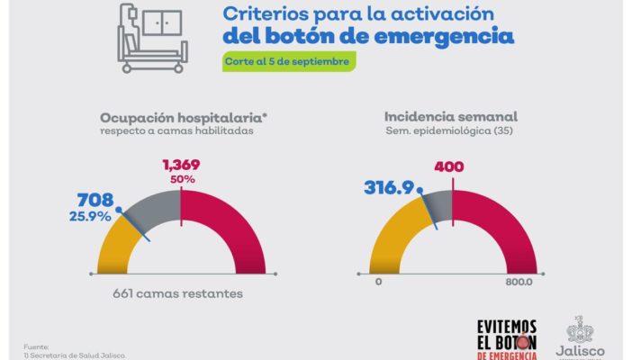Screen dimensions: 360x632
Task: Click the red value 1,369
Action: (x=181, y=165)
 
